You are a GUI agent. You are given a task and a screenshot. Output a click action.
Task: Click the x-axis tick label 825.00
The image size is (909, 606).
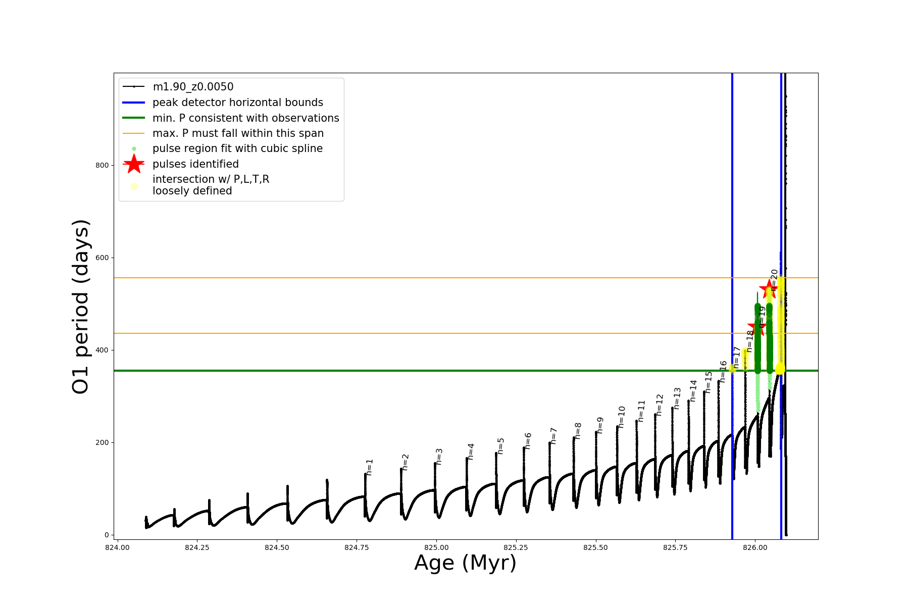(436, 547)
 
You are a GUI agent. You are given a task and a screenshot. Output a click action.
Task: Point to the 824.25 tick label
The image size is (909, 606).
(197, 547)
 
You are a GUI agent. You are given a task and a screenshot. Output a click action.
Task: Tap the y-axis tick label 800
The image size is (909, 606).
(102, 165)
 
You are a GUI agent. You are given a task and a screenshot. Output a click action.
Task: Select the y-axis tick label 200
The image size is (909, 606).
(102, 442)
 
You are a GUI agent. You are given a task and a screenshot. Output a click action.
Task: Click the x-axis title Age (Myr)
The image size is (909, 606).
(465, 563)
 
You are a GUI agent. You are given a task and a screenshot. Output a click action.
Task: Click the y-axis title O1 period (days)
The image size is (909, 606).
(81, 307)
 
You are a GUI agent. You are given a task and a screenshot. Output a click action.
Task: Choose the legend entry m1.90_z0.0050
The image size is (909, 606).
(193, 87)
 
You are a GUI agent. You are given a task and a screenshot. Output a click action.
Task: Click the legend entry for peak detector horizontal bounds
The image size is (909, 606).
(237, 103)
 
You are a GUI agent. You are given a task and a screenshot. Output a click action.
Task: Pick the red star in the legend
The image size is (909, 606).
(134, 164)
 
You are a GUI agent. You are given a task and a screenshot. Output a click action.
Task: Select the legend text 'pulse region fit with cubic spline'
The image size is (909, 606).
(237, 148)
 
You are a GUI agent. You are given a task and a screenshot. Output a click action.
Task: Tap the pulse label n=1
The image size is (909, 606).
(369, 467)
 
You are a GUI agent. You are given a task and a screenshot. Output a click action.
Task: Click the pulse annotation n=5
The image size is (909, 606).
(500, 446)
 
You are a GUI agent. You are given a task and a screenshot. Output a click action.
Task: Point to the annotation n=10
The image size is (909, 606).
(621, 417)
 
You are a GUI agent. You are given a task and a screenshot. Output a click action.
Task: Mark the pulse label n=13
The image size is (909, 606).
(677, 398)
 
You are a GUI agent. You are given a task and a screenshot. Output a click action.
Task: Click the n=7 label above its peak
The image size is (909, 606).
(553, 435)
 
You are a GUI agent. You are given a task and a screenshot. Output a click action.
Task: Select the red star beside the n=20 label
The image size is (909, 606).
(769, 289)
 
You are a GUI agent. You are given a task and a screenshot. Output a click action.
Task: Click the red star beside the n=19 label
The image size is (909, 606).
(756, 328)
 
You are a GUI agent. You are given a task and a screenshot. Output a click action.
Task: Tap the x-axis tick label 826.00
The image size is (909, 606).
(755, 547)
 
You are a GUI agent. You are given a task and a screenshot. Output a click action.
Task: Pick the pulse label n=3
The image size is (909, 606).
(439, 456)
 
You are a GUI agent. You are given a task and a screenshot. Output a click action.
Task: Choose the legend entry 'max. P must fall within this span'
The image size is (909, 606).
(238, 133)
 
